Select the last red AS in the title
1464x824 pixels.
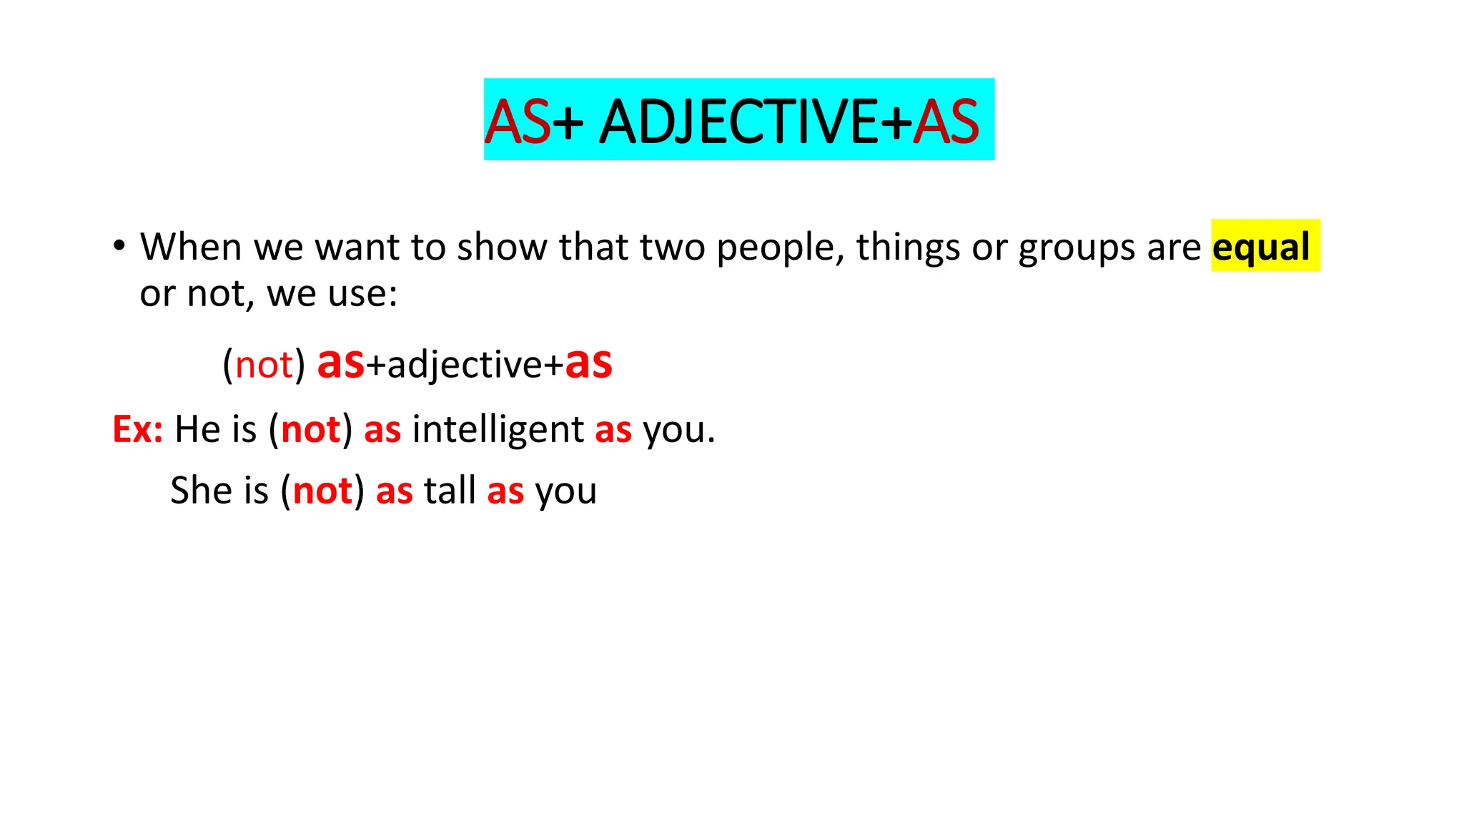(x=946, y=122)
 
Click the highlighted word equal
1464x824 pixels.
(x=1261, y=247)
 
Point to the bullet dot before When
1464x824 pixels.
(x=119, y=245)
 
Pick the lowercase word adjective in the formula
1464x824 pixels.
(x=465, y=365)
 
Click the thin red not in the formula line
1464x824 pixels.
(x=264, y=365)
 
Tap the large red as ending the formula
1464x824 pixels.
(x=588, y=363)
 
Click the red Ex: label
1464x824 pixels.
(x=137, y=429)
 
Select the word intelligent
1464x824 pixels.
(x=498, y=429)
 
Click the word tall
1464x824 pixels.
(x=450, y=491)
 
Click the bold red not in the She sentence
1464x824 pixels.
(x=322, y=491)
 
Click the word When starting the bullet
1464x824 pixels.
(x=191, y=247)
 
